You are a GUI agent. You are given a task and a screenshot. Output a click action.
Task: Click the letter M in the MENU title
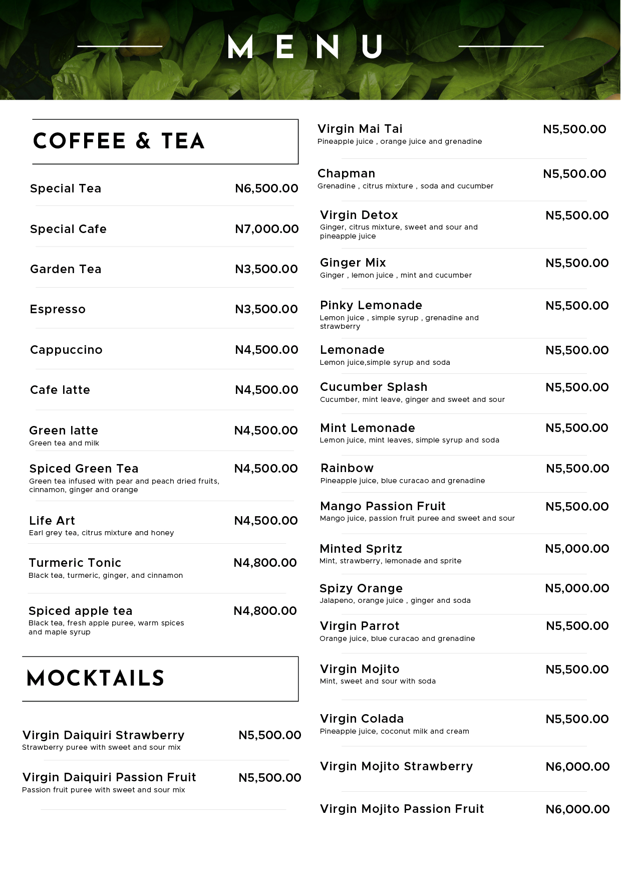[x=240, y=47]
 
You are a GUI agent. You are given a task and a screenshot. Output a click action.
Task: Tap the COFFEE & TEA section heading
[x=119, y=141]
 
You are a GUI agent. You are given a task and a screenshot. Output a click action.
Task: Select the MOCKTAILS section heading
[x=96, y=679]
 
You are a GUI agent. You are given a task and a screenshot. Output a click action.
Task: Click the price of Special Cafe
[x=266, y=229]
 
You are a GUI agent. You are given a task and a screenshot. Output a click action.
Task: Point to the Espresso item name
[x=58, y=309]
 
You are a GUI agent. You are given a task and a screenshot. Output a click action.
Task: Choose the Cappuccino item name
[x=66, y=350]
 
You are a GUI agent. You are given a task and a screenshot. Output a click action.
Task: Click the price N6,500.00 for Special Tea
[x=266, y=188]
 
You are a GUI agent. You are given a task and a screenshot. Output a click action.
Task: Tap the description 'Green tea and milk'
[x=64, y=443]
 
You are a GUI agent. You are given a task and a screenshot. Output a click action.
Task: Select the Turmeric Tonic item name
[x=75, y=563]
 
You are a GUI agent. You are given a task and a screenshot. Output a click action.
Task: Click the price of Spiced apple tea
[x=265, y=611]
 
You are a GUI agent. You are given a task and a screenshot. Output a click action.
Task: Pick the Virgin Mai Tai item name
[x=360, y=129]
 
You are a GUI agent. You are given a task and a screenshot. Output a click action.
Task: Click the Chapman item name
[x=346, y=173]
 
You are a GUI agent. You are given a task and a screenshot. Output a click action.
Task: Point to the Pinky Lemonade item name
[x=371, y=305]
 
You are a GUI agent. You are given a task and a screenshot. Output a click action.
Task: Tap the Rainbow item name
[x=347, y=468]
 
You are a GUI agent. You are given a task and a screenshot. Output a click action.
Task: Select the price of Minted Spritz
[x=577, y=549]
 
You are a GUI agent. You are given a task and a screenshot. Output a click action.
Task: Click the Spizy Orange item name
[x=361, y=588]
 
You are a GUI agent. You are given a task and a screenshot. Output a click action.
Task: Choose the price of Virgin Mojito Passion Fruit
[x=577, y=809]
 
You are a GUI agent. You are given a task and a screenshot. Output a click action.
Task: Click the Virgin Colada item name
[x=362, y=719]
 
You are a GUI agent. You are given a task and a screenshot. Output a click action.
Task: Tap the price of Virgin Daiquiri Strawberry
[x=270, y=735]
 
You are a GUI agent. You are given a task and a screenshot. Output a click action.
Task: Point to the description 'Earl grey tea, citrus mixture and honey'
[x=102, y=533]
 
